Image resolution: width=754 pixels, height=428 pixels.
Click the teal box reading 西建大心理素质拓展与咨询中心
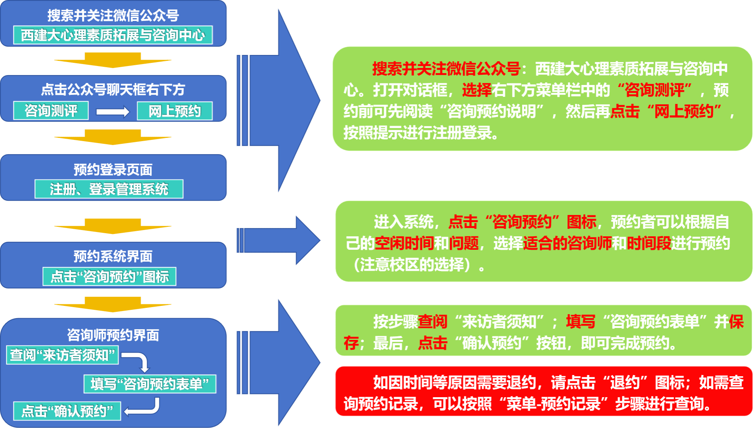[x=113, y=35]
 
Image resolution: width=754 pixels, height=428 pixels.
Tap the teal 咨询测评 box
[x=51, y=111]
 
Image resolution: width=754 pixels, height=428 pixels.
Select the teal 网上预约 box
[x=175, y=111]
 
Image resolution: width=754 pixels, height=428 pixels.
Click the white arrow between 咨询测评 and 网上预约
[x=113, y=112]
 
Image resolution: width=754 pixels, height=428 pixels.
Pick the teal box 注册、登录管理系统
[x=109, y=189]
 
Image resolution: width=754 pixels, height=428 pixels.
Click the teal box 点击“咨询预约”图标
[x=109, y=277]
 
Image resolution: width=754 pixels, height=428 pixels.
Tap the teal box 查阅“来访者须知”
[x=62, y=355]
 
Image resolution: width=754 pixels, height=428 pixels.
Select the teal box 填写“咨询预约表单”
[x=150, y=384]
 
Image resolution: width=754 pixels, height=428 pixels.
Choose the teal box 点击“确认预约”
[x=67, y=411]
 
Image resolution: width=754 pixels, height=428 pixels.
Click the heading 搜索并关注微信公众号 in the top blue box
[x=113, y=15]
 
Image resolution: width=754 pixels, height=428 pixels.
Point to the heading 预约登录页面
[x=113, y=170]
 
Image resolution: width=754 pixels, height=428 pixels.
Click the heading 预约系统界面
[x=113, y=256]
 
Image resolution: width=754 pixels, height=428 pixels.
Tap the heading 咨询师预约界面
[x=113, y=335]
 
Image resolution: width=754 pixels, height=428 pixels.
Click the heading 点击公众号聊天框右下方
[x=113, y=90]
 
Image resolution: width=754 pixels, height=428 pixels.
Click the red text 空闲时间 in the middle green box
[x=404, y=243]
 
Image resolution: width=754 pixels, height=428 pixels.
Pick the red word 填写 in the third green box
[x=581, y=322]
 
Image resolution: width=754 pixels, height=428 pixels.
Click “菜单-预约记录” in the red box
[x=553, y=404]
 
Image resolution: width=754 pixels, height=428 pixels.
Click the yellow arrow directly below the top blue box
[x=113, y=60]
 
